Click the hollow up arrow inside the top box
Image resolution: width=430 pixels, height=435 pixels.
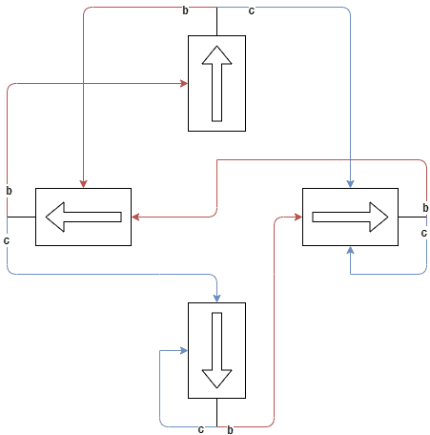point(216,83)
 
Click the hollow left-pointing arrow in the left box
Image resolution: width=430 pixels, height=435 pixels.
point(83,217)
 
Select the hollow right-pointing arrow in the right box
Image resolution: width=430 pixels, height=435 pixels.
point(350,217)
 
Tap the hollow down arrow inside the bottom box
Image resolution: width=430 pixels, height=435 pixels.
point(216,350)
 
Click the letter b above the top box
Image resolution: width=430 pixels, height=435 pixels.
point(185,10)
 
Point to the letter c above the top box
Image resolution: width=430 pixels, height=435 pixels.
point(252,11)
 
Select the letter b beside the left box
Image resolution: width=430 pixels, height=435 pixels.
point(9,191)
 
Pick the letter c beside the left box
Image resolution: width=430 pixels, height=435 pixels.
point(7,240)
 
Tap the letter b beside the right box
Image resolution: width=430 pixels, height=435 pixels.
point(425,208)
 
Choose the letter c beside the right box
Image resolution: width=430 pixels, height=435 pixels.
point(423,233)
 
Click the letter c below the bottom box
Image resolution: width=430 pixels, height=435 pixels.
point(200,429)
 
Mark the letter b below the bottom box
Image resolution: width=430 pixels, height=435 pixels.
point(230,430)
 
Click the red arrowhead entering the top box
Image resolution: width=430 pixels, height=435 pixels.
point(184,83)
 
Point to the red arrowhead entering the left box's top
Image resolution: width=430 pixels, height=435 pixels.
point(83,184)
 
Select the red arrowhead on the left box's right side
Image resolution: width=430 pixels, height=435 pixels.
point(135,217)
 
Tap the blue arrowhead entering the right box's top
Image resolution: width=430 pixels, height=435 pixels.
point(350,184)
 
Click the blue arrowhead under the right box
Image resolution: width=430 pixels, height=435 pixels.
point(350,250)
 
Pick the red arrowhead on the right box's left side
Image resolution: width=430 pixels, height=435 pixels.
point(298,217)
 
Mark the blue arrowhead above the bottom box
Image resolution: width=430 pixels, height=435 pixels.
point(216,299)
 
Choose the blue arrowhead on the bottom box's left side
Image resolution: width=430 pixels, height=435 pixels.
point(184,350)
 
